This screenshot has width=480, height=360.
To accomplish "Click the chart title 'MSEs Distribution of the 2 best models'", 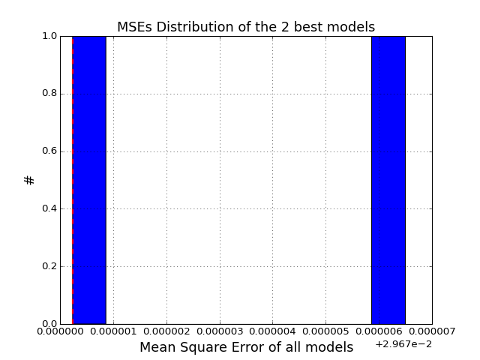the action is (246, 27).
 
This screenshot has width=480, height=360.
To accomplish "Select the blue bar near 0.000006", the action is (388, 180).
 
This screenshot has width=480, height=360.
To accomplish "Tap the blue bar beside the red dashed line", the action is (89, 180).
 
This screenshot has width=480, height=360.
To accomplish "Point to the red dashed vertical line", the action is (73, 180).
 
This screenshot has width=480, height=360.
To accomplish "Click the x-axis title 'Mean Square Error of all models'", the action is (247, 347).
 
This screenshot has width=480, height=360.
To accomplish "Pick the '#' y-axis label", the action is (29, 180).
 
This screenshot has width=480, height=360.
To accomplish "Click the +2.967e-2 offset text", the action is (403, 344).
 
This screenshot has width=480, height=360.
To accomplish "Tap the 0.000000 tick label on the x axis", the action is (60, 331).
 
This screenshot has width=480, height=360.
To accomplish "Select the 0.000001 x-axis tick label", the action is (113, 331).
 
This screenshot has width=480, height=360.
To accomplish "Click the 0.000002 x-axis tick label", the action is (166, 331).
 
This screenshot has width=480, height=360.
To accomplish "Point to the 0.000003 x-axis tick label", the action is (220, 331).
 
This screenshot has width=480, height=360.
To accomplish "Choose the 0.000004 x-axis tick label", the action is (273, 331).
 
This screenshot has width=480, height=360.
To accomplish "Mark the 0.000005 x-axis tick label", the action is (326, 331).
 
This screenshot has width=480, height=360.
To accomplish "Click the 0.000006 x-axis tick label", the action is (379, 331).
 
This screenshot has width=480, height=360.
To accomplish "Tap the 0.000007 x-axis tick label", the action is (432, 331).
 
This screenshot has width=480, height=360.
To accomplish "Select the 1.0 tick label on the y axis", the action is (49, 36).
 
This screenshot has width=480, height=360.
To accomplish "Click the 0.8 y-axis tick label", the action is (49, 94).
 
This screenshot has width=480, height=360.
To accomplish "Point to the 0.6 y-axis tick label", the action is (49, 151).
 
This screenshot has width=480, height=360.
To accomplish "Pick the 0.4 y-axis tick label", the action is (49, 208).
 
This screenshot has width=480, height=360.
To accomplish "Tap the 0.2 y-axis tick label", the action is (49, 266).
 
